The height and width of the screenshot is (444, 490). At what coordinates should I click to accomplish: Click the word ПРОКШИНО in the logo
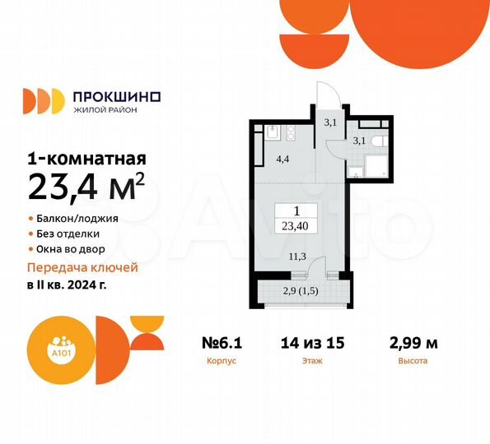(x=119, y=96)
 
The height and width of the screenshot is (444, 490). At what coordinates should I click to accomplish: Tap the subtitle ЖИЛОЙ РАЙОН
(x=106, y=111)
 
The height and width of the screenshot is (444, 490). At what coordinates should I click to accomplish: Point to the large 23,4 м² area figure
(x=86, y=187)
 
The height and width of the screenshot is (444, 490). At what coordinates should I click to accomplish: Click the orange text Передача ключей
(x=83, y=268)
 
